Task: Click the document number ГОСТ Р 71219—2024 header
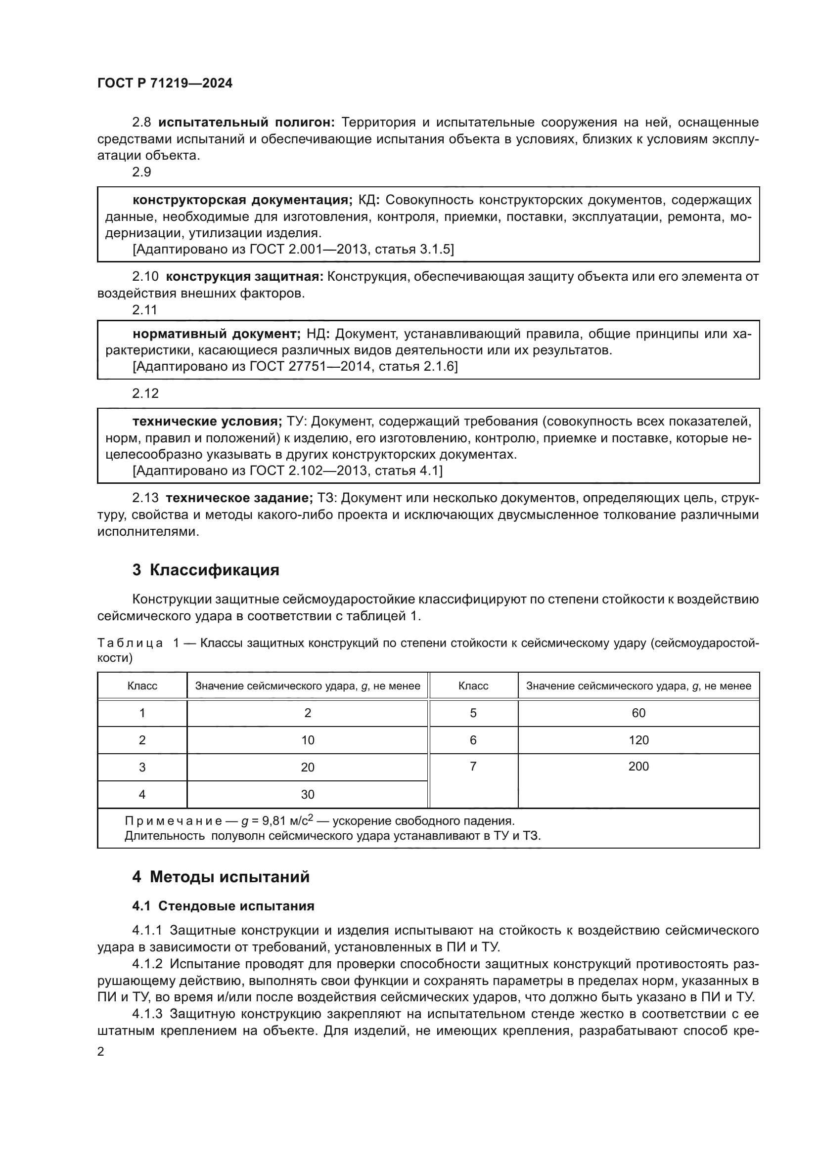[165, 84]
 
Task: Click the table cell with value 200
[638, 767]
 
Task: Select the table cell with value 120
[638, 740]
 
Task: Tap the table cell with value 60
[638, 713]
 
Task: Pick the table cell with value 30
[307, 795]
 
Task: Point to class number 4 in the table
[142, 795]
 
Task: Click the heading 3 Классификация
[206, 570]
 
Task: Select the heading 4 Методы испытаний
[221, 877]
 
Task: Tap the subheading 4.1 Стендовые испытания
[223, 906]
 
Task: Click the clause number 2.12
[145, 393]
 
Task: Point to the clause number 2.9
[141, 172]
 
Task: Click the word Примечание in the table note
[173, 821]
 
